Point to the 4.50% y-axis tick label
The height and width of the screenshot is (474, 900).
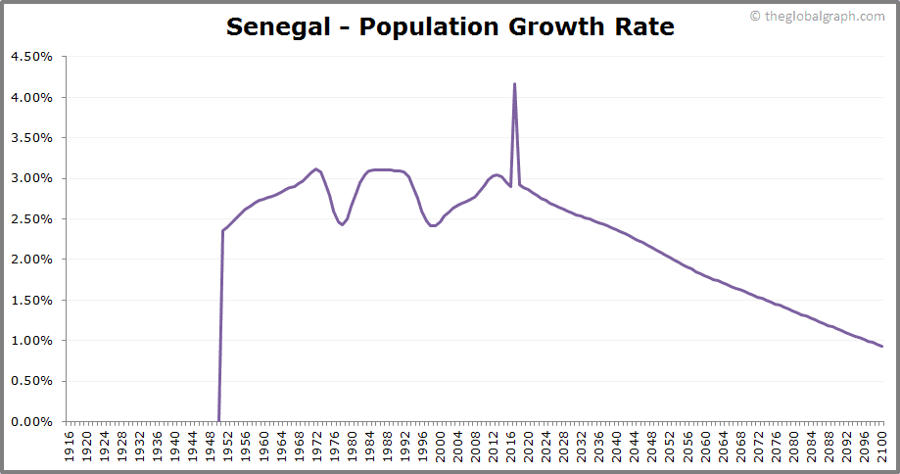31,57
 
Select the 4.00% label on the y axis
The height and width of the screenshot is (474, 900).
31,97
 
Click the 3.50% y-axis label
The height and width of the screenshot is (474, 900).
31,138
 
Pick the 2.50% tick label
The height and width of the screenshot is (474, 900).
31,219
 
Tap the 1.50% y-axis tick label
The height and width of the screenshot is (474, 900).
31,300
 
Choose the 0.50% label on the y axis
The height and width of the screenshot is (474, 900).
31,381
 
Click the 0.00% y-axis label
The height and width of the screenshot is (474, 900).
31,422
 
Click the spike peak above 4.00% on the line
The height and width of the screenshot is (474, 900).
514,84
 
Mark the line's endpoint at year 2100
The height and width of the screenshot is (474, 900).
881,346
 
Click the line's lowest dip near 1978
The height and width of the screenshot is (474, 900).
342,225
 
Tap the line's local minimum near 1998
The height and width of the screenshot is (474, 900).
432,226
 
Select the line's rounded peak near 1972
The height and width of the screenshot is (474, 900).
315,169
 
